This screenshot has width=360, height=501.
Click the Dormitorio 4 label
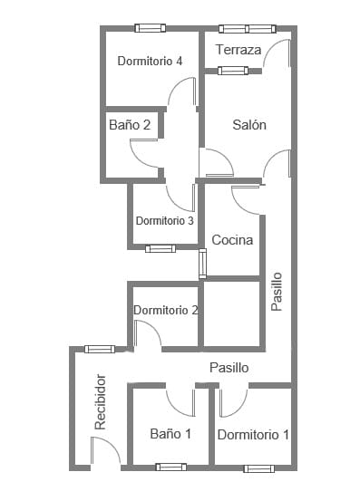coord(151,61)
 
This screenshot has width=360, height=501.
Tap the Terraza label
coord(238,50)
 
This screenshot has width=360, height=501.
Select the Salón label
coord(248,125)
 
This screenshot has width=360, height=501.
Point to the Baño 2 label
coord(130,125)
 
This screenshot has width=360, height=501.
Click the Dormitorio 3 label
coord(164,220)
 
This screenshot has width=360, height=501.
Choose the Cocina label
coord(232,240)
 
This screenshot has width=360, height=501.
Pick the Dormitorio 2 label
coord(166,310)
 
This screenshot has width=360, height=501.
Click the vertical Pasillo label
coord(277,292)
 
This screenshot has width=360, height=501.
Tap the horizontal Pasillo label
coord(229,368)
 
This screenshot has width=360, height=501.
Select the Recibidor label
coord(101,401)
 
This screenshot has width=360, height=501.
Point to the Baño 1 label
coord(170,434)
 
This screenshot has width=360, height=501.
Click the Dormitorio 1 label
coord(253,435)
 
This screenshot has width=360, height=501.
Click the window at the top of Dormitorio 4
coord(150,28)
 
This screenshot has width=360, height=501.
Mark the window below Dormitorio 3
coord(161,247)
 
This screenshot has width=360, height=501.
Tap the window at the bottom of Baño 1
coord(170,467)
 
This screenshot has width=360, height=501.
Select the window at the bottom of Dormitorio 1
coord(258,467)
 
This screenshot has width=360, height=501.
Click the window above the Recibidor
coord(100,349)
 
